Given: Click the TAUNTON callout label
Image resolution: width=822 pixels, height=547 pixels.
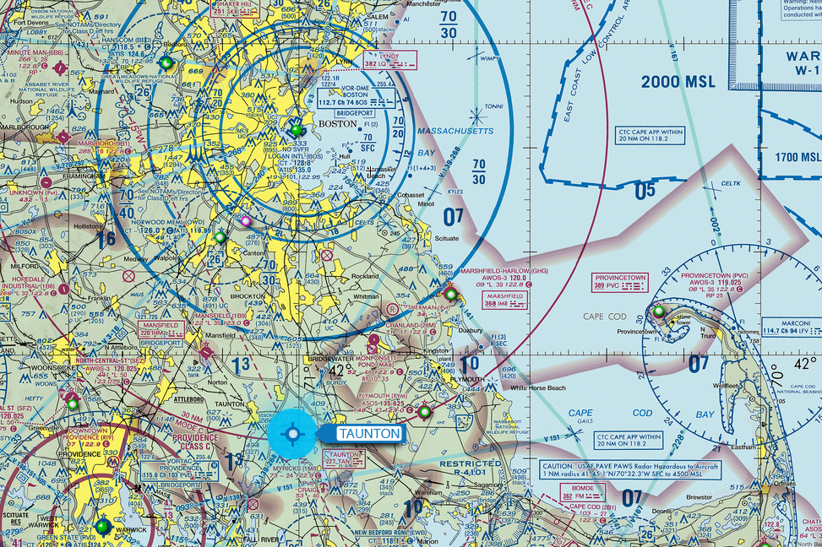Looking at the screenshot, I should [368, 434].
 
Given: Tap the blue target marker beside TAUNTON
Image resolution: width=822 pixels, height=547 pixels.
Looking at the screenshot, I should [293, 434].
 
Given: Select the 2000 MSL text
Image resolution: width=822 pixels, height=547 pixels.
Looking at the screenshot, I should [678, 82].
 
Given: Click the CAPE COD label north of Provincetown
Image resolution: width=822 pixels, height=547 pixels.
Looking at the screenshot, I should [604, 317].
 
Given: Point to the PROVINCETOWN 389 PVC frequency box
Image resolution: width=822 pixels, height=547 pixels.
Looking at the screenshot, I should [620, 282].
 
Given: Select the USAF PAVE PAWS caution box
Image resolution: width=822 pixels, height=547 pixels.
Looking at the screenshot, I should [631, 469].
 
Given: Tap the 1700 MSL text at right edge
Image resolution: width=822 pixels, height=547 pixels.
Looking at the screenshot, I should [798, 157].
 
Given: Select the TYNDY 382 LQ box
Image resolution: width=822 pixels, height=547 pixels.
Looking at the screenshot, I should [389, 59].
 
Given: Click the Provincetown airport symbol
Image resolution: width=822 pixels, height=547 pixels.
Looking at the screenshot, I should [659, 311].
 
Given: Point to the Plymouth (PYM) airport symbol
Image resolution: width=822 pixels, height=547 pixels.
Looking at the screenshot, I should [424, 412].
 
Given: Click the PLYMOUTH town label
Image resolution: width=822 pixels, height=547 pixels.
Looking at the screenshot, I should [465, 380].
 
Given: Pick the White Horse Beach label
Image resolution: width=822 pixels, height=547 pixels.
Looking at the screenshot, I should [538, 387].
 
